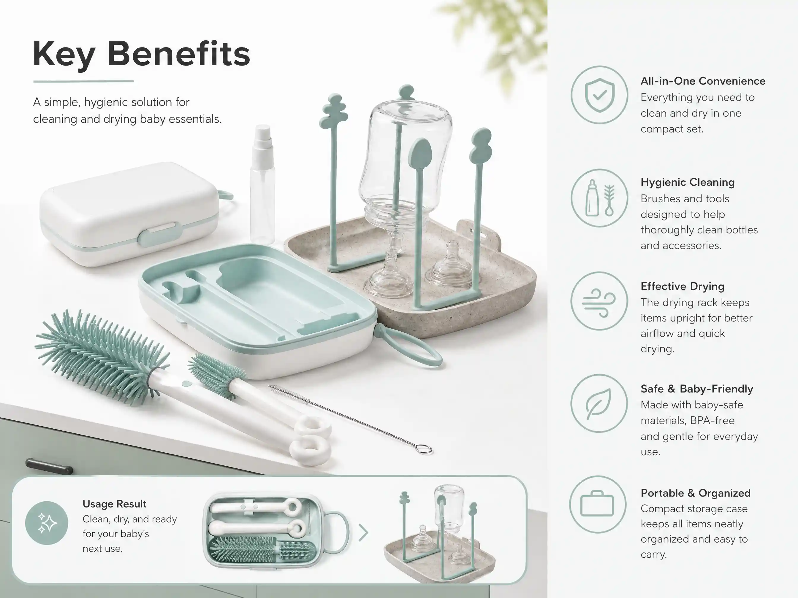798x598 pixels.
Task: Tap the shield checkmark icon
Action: pyautogui.click(x=599, y=95)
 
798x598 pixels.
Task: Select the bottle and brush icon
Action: pyautogui.click(x=599, y=198)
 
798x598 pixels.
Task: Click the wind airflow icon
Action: pyautogui.click(x=599, y=301)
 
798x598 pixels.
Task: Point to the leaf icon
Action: pyautogui.click(x=599, y=404)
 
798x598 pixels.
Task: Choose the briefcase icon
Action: pyautogui.click(x=597, y=504)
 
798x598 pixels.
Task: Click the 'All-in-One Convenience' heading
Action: pyautogui.click(x=703, y=81)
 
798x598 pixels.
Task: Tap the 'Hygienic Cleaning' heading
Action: pyautogui.click(x=688, y=182)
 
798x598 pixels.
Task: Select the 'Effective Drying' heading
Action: pyautogui.click(x=683, y=286)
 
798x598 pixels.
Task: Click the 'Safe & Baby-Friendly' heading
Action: pyautogui.click(x=697, y=389)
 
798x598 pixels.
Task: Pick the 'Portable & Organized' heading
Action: pyautogui.click(x=696, y=493)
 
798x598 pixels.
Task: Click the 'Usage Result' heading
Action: pyautogui.click(x=114, y=504)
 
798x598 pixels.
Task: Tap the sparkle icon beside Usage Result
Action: pyautogui.click(x=47, y=523)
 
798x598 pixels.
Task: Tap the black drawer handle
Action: pyautogui.click(x=49, y=466)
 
